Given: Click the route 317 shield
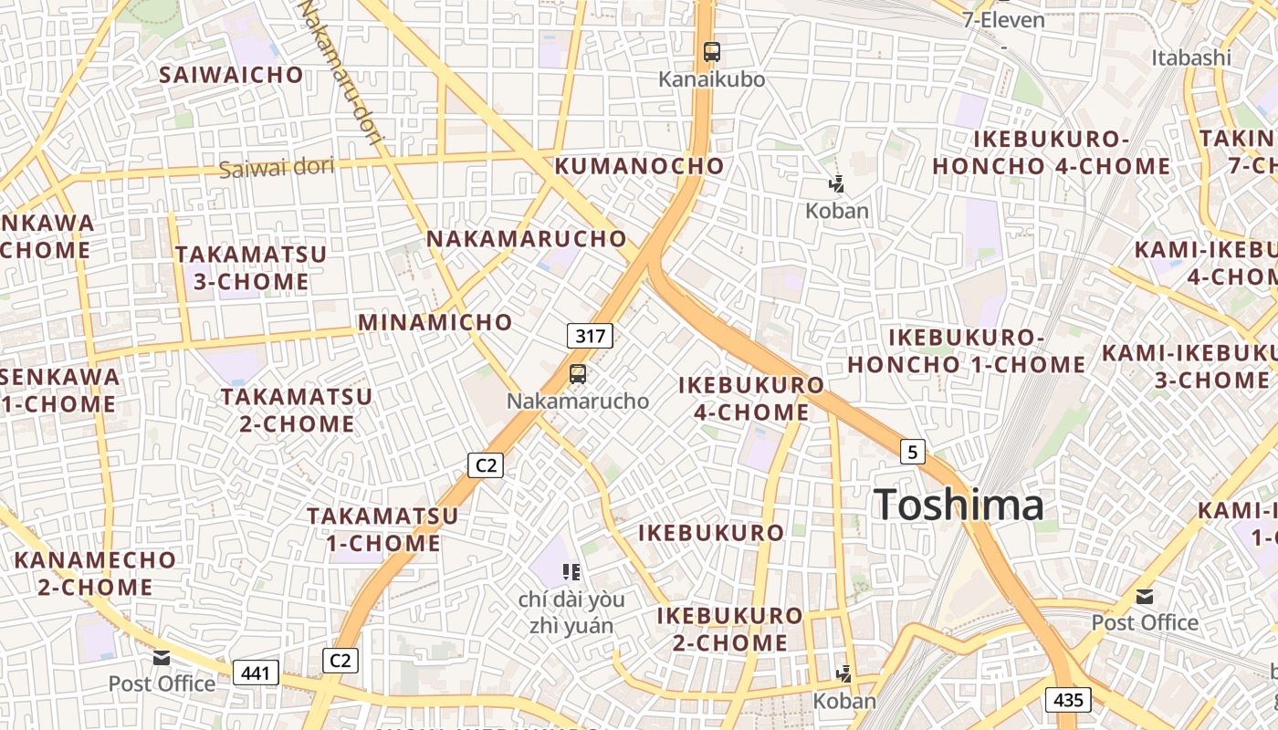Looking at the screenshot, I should point(591,336).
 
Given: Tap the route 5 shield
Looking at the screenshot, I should point(912,451).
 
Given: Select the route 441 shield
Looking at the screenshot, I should point(257,673).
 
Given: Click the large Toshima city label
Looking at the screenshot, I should point(958,505).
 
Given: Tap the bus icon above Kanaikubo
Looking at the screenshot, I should point(712,52).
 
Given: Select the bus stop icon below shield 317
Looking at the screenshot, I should point(577,373).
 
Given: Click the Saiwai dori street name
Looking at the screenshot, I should point(277,167).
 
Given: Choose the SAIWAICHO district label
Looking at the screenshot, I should point(231,75).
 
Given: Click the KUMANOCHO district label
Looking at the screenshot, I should point(639,166).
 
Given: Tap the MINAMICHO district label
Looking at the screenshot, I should point(435,322).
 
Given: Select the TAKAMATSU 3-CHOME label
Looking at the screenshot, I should point(251,267).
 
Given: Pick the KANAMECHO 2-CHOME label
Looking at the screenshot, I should point(95,573).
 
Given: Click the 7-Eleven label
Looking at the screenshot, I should point(1003,20).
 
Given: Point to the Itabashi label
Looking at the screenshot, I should point(1191,57).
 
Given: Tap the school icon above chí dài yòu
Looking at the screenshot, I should point(571,572).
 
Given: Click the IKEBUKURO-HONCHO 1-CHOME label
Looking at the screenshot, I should point(967,351).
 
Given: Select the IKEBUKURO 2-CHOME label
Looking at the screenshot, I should point(729,629).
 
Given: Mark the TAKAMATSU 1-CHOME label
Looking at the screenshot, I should point(382,529).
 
